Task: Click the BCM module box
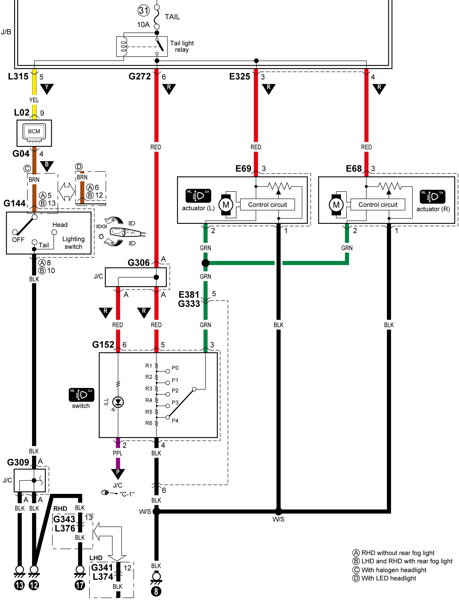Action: [x=34, y=133]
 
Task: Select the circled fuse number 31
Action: [x=143, y=11]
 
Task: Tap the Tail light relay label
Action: [x=182, y=46]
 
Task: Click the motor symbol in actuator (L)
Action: [x=226, y=205]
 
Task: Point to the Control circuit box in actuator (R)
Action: [x=378, y=204]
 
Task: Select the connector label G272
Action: [x=140, y=76]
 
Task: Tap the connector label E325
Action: [x=240, y=77]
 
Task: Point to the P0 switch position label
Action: [x=175, y=368]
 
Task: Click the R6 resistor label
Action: [x=149, y=423]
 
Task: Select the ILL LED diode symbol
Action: [x=118, y=402]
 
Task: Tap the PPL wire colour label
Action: [x=118, y=453]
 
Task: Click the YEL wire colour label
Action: [x=34, y=100]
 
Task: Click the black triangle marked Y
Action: [x=47, y=89]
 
